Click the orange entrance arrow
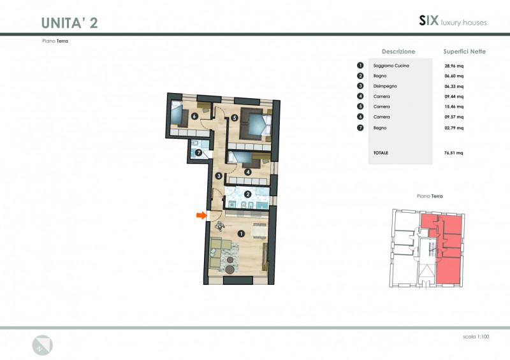pyautogui.click(x=201, y=215)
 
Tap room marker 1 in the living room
pyautogui.click(x=241, y=233)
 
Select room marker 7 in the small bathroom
pyautogui.click(x=199, y=152)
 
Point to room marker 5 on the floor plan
pyautogui.click(x=235, y=118)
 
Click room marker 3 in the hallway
pyautogui.click(x=219, y=176)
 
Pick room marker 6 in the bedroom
pyautogui.click(x=194, y=116)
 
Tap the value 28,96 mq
pyautogui.click(x=454, y=66)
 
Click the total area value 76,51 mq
pyautogui.click(x=454, y=153)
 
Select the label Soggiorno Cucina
pyautogui.click(x=391, y=66)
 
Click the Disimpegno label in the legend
pyautogui.click(x=385, y=86)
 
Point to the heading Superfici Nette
pyautogui.click(x=465, y=52)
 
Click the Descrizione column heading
pyautogui.click(x=398, y=52)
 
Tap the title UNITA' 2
pyautogui.click(x=69, y=23)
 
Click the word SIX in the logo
pyautogui.click(x=428, y=20)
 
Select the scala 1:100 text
pyautogui.click(x=476, y=336)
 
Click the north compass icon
pyautogui.click(x=42, y=345)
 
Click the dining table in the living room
pyautogui.click(x=259, y=231)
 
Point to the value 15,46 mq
pyautogui.click(x=454, y=106)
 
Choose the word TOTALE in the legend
pyautogui.click(x=381, y=153)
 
